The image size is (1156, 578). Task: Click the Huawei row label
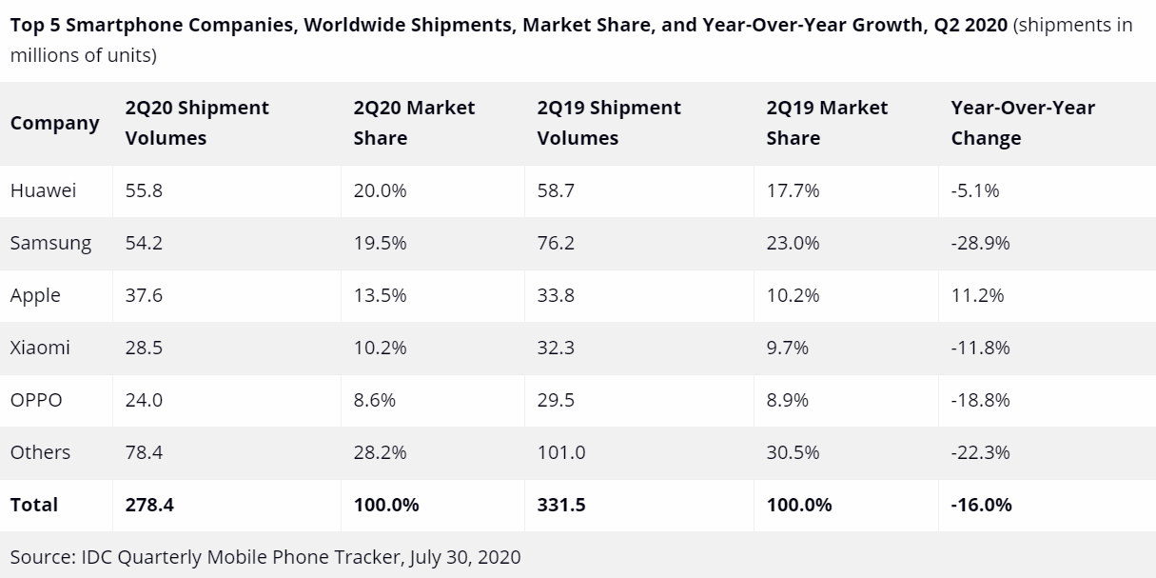(x=43, y=190)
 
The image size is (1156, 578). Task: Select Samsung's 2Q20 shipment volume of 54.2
(x=144, y=243)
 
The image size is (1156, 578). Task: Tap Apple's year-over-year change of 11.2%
(x=977, y=295)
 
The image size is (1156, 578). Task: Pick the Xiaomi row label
(x=40, y=348)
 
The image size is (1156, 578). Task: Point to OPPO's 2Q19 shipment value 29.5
(x=556, y=400)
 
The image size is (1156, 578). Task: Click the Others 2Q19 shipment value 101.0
(x=561, y=452)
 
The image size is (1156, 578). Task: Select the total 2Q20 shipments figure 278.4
(x=148, y=505)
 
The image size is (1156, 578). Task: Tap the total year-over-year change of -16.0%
(x=981, y=505)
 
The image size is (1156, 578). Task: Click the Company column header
(x=54, y=123)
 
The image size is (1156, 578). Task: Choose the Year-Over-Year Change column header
(x=1022, y=123)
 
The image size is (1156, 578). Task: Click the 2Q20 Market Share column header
(x=414, y=123)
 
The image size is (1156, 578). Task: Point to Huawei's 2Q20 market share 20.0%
(x=380, y=190)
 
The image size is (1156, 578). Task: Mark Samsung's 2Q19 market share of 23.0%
(x=793, y=243)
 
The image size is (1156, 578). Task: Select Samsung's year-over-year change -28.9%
(x=980, y=243)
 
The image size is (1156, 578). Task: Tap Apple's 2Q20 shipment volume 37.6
(x=144, y=295)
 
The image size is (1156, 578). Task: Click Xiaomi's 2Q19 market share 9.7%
(x=787, y=348)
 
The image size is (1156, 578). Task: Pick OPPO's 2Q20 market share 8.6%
(x=374, y=400)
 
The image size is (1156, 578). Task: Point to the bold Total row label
(x=34, y=505)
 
